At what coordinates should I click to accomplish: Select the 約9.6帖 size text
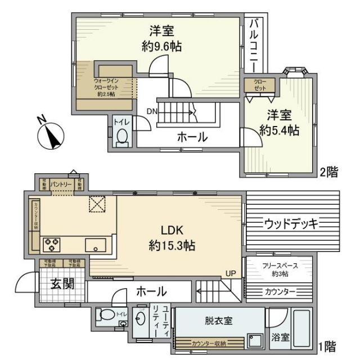tap(161, 47)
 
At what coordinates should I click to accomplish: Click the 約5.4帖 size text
tap(279, 130)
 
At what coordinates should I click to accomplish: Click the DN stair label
tap(152, 111)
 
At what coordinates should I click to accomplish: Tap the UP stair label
tap(231, 273)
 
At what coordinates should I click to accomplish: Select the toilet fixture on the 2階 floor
tap(121, 137)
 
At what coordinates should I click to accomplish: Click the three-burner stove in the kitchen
tap(53, 245)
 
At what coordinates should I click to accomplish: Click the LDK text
tap(173, 230)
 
